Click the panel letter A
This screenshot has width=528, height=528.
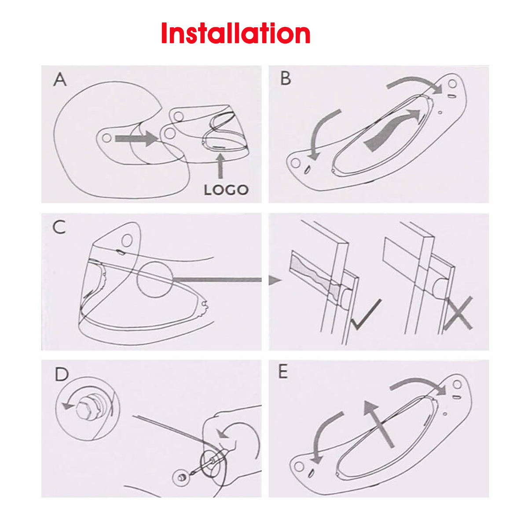[x=60, y=80]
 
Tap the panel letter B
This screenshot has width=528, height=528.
[x=286, y=78]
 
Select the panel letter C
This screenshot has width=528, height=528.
[x=59, y=227]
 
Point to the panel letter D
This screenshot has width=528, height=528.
[x=62, y=374]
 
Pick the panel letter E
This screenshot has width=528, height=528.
[x=283, y=372]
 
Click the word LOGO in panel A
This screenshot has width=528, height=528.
[x=226, y=190]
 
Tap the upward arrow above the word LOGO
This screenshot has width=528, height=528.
[x=220, y=166]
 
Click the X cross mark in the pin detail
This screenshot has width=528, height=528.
[x=458, y=313]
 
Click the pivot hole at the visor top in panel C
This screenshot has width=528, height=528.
[x=127, y=240]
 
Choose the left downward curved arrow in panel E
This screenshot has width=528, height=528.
[x=324, y=436]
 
